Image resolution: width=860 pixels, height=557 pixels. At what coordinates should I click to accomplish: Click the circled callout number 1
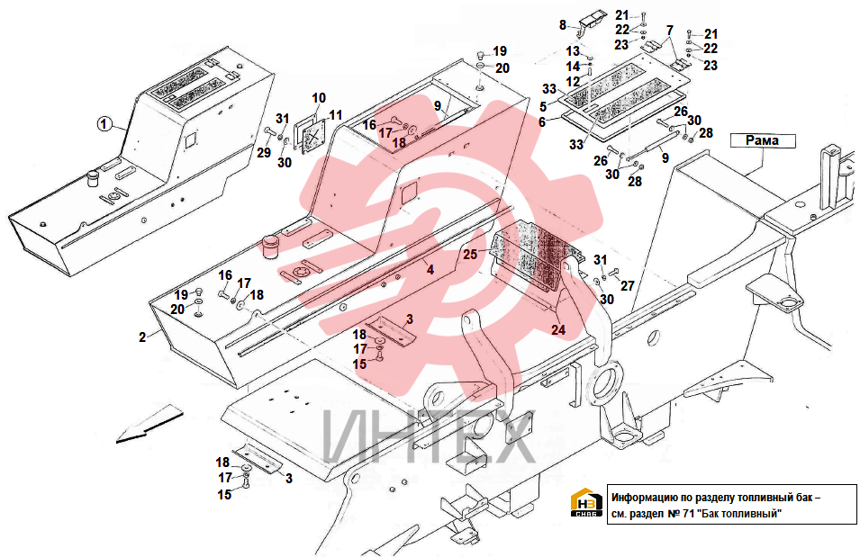pyautogui.click(x=104, y=124)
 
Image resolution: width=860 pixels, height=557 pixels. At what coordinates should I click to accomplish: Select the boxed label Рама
pyautogui.click(x=763, y=141)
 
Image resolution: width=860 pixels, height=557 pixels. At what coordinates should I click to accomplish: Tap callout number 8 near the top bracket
pyautogui.click(x=562, y=25)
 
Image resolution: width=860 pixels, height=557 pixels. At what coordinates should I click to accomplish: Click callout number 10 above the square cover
pyautogui.click(x=319, y=98)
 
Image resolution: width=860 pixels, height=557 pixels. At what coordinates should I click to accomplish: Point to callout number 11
pyautogui.click(x=336, y=115)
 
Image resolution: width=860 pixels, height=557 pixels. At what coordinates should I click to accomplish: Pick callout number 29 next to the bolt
pyautogui.click(x=264, y=152)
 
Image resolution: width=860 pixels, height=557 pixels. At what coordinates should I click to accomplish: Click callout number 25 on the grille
pyautogui.click(x=470, y=255)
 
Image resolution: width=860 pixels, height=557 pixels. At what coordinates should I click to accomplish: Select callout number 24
pyautogui.click(x=558, y=329)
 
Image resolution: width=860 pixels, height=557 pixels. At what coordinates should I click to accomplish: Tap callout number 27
pyautogui.click(x=628, y=285)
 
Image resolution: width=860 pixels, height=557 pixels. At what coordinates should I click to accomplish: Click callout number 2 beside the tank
pyautogui.click(x=142, y=337)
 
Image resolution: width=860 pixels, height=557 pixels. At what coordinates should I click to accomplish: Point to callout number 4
pyautogui.click(x=430, y=270)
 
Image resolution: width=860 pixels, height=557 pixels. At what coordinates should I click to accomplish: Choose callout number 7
pyautogui.click(x=670, y=31)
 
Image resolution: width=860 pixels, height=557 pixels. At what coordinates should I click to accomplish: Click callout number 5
pyautogui.click(x=543, y=107)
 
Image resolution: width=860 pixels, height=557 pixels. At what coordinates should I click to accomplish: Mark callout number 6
pyautogui.click(x=542, y=122)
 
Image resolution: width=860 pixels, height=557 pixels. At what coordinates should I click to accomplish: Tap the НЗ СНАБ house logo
pyautogui.click(x=586, y=503)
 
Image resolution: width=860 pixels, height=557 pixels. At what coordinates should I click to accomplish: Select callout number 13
pyautogui.click(x=573, y=51)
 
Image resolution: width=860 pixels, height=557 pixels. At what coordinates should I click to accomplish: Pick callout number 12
pyautogui.click(x=573, y=82)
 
